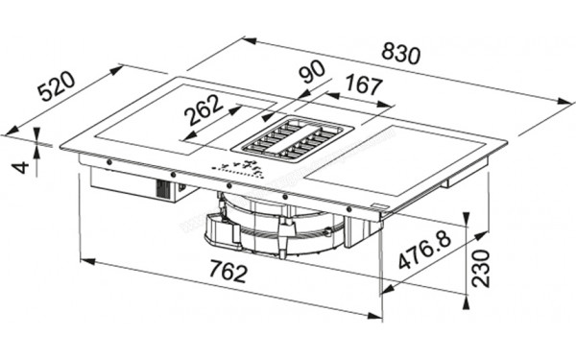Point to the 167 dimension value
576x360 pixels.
pyautogui.click(x=362, y=86)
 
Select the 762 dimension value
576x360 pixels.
pyautogui.click(x=227, y=274)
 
